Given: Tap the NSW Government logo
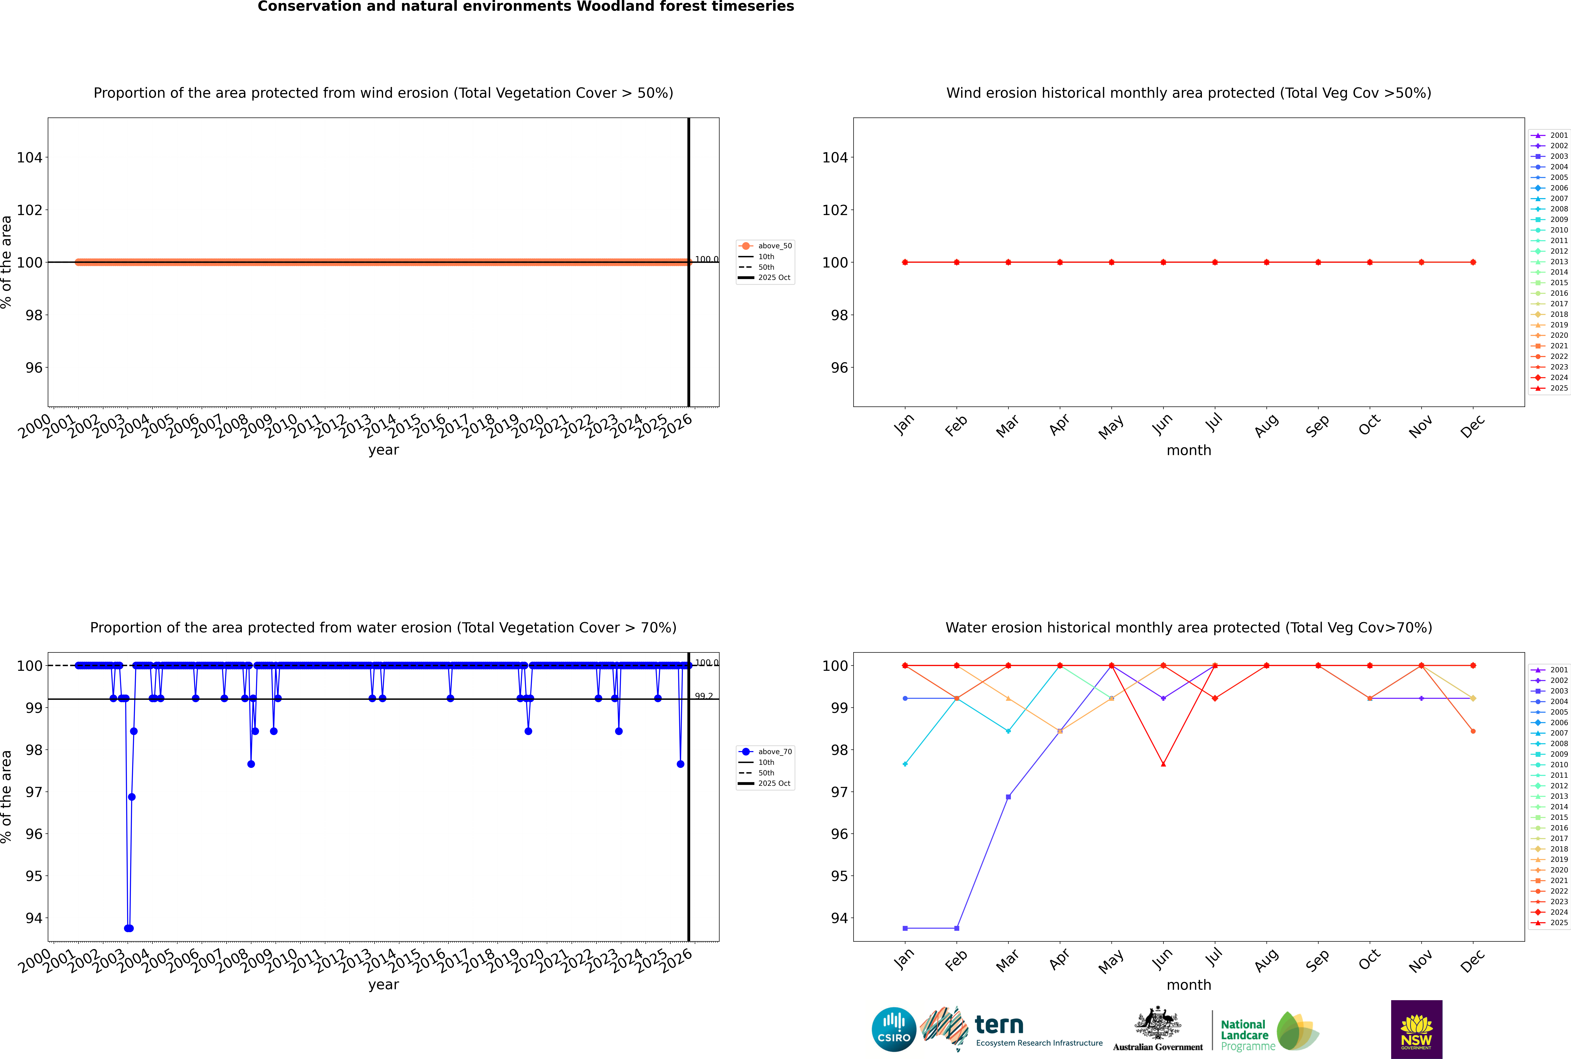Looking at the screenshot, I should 1416,1029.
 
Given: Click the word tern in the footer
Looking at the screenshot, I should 999,1025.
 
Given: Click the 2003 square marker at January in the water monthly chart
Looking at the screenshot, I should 905,928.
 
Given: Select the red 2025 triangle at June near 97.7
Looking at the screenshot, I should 1163,764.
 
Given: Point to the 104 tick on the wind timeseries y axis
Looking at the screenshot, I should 30,157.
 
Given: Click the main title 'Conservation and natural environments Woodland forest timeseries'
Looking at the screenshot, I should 525,7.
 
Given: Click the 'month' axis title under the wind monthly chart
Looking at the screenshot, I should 1189,451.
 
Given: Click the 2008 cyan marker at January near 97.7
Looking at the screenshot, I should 905,764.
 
